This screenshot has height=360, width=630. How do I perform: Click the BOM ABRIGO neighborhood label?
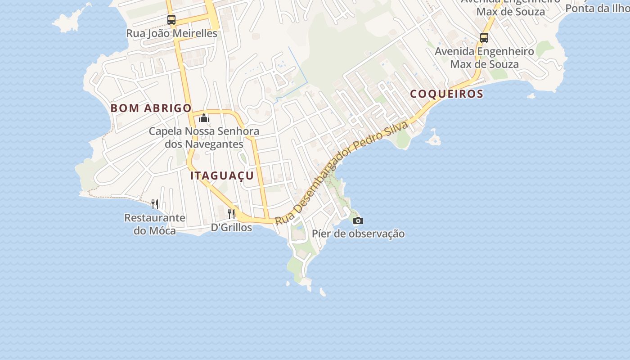[151, 108]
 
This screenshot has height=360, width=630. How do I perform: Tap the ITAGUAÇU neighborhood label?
[222, 176]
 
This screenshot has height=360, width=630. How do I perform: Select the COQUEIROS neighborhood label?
[446, 94]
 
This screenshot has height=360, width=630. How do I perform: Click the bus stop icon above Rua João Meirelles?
[171, 20]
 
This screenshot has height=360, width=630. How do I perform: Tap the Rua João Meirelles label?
[171, 33]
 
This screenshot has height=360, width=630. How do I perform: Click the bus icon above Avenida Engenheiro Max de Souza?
[484, 38]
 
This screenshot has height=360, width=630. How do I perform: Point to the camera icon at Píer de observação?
[358, 220]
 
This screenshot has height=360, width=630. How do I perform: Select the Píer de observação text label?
[358, 234]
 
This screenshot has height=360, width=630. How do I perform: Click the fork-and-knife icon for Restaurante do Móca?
[155, 204]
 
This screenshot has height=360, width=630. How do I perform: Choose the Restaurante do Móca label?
[155, 224]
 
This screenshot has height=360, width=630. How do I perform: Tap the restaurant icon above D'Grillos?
[231, 213]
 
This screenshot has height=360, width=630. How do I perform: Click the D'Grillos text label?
[231, 228]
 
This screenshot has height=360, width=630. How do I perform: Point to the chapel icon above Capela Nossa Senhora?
[204, 118]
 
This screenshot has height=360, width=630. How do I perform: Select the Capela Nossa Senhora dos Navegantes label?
[204, 138]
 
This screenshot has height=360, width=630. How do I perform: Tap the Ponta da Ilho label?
[597, 8]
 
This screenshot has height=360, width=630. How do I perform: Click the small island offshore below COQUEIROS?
[434, 138]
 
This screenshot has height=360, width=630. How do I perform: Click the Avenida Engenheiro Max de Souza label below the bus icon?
[484, 58]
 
